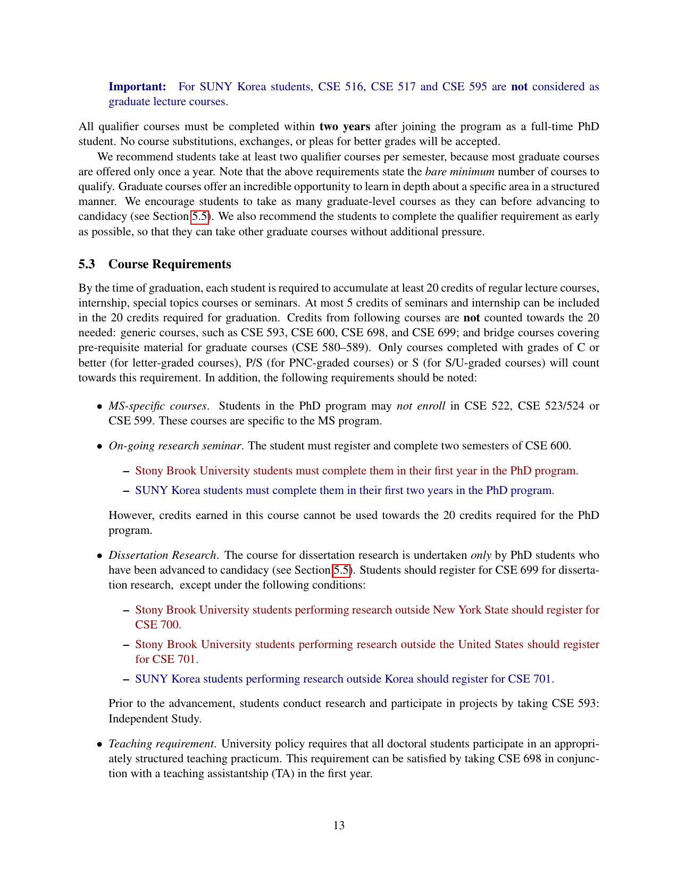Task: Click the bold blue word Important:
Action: [x=137, y=87]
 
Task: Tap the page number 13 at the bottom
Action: [x=339, y=825]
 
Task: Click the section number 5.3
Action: [x=88, y=265]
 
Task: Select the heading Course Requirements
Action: [x=170, y=265]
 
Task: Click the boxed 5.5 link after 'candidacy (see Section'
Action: [x=200, y=216]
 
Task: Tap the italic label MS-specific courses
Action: [x=157, y=406]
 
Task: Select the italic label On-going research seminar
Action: [x=175, y=446]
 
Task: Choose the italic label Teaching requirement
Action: [x=162, y=744]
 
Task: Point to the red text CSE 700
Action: [x=158, y=625]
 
